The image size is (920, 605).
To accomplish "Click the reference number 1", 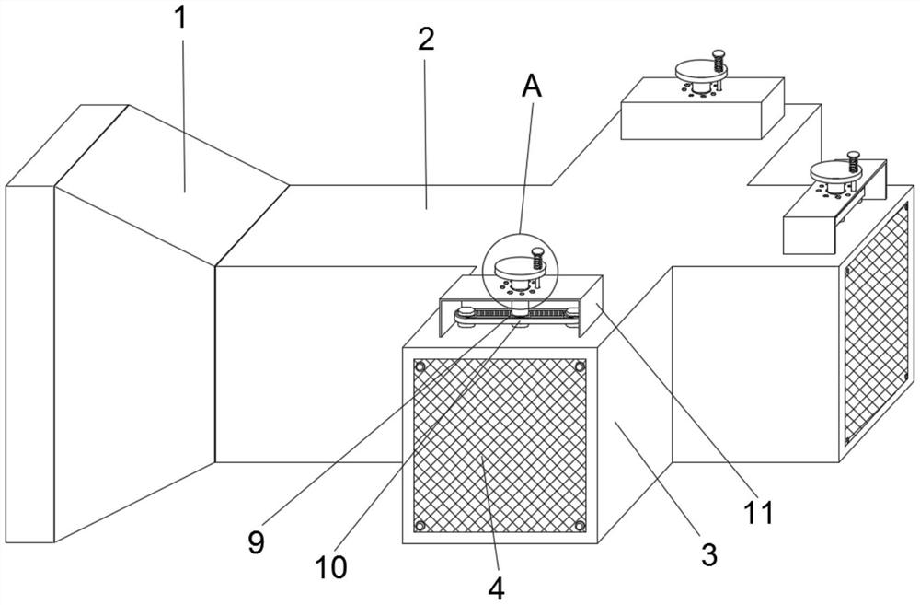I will coord(181,18).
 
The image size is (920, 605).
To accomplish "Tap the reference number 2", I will coord(424,39).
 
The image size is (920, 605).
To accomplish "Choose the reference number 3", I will coord(707,554).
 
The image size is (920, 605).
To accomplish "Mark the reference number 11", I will coord(760,513).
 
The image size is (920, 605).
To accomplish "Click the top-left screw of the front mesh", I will coord(421,367).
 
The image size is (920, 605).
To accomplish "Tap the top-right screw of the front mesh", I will coord(580,366).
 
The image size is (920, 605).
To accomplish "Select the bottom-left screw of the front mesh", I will coord(420,526).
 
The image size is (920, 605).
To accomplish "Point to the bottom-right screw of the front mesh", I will coord(580,526).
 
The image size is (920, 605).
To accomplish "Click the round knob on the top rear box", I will coord(696,70).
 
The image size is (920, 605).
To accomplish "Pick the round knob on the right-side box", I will coord(832,171).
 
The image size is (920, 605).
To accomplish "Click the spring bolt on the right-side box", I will coord(854,162).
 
